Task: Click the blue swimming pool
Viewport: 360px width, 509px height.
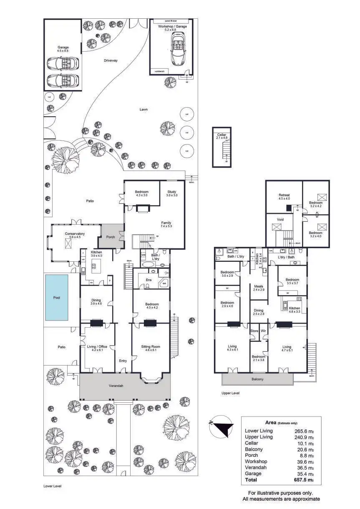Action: (57, 298)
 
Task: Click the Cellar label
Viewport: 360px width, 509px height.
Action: (222, 135)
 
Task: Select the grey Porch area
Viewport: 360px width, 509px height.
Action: (111, 237)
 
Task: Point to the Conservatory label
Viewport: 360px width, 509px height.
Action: (75, 234)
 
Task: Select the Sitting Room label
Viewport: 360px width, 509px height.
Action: (150, 346)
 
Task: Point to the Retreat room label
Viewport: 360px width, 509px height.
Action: (284, 195)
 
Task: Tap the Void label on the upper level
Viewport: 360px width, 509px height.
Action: (280, 219)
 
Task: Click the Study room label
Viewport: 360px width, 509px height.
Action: (172, 192)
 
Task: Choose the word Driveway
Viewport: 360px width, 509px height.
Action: (111, 60)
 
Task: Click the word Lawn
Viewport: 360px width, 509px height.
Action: (143, 109)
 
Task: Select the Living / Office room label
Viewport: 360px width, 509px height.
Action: (97, 346)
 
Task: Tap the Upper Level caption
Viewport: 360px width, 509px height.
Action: (231, 393)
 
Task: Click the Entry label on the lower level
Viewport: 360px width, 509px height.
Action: (123, 361)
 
